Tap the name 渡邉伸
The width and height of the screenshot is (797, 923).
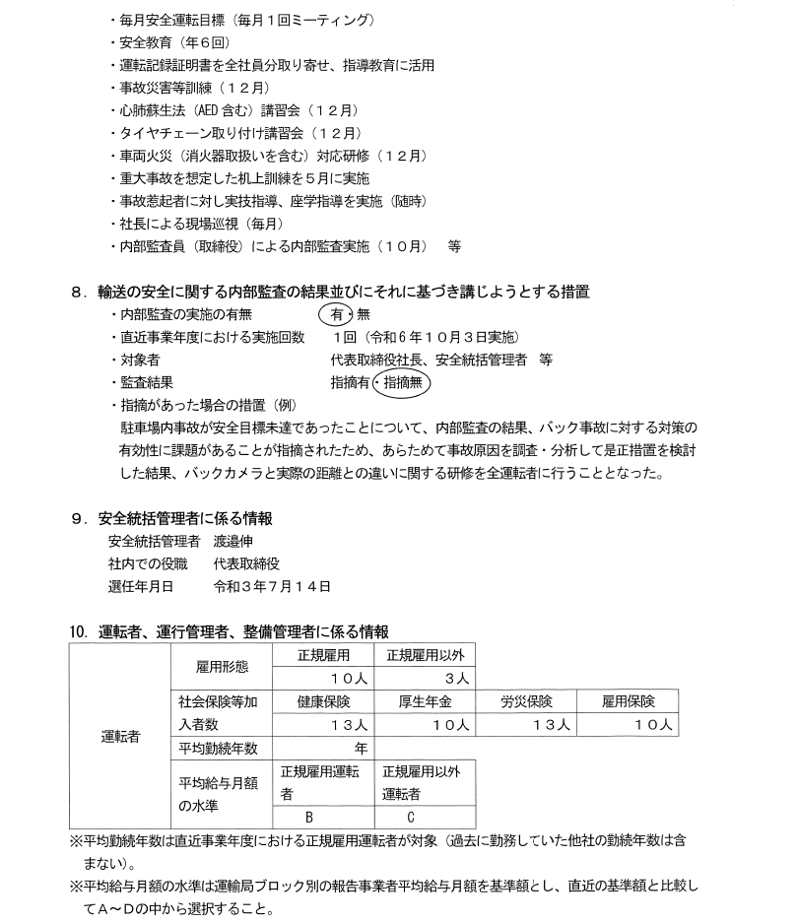[248, 541]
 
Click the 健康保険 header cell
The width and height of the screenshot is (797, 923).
[323, 701]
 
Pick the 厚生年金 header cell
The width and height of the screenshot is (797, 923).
[425, 701]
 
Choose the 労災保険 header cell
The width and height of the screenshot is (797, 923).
[525, 701]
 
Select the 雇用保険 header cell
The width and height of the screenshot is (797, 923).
[627, 701]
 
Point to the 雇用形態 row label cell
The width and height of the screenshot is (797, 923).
[222, 666]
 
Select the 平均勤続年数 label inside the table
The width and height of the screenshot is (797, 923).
[218, 748]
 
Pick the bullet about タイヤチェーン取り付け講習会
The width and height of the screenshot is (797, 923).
[231, 132]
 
